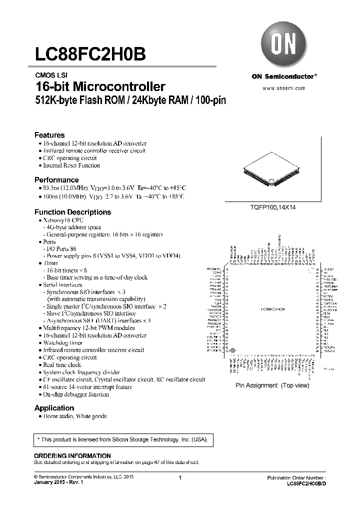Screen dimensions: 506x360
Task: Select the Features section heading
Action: tap(49, 135)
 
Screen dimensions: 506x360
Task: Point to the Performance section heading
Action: tap(56, 179)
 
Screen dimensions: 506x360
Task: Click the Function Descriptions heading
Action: tap(72, 212)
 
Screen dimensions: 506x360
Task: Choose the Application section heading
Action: tap(54, 408)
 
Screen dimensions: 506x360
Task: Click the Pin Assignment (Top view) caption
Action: tap(272, 385)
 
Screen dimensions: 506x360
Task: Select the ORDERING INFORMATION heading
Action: tap(72, 456)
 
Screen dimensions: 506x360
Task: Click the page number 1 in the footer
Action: tap(179, 478)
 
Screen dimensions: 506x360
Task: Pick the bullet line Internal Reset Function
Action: tap(71, 165)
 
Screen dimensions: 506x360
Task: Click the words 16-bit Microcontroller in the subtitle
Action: tap(100, 86)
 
